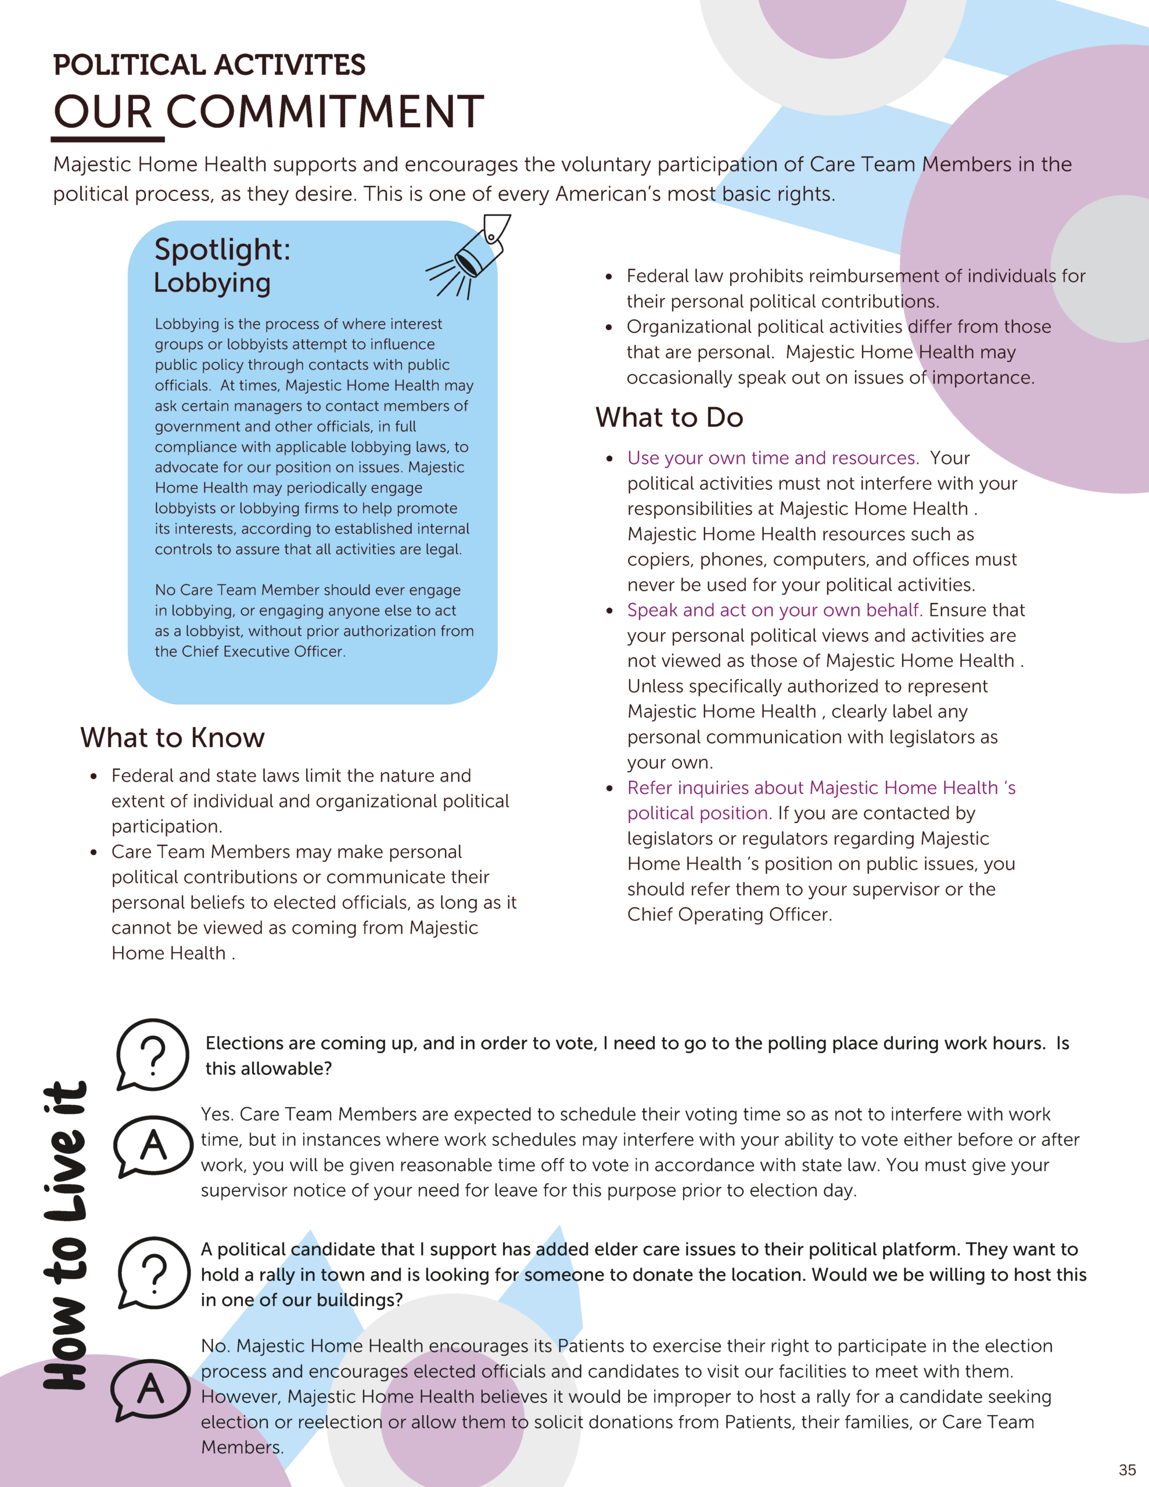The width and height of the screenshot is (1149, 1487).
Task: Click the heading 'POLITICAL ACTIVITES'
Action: [x=209, y=66]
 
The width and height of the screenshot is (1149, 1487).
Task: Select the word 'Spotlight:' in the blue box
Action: [x=222, y=249]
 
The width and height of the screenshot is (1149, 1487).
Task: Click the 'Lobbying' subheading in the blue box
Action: [x=212, y=282]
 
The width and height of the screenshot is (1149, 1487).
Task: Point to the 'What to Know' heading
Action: [x=173, y=737]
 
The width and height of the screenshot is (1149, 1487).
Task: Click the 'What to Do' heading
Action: [x=669, y=418]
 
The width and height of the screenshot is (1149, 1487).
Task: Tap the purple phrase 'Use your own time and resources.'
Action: [x=773, y=458]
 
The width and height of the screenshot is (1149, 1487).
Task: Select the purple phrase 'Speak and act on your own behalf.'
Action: [x=774, y=610]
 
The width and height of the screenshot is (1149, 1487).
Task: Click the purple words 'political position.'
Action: [x=699, y=813]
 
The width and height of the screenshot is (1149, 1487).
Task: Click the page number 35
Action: [x=1127, y=1470]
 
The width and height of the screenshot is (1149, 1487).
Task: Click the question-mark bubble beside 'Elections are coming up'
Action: [x=153, y=1055]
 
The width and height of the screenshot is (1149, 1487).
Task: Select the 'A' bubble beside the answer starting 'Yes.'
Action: [x=153, y=1146]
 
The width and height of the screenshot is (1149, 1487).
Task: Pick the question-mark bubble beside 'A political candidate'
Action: [x=154, y=1272]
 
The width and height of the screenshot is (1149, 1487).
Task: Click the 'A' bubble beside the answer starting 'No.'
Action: [x=150, y=1388]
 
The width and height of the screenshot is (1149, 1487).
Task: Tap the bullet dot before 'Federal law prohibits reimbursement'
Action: [x=609, y=276]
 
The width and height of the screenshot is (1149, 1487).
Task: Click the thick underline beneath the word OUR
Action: [x=107, y=139]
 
